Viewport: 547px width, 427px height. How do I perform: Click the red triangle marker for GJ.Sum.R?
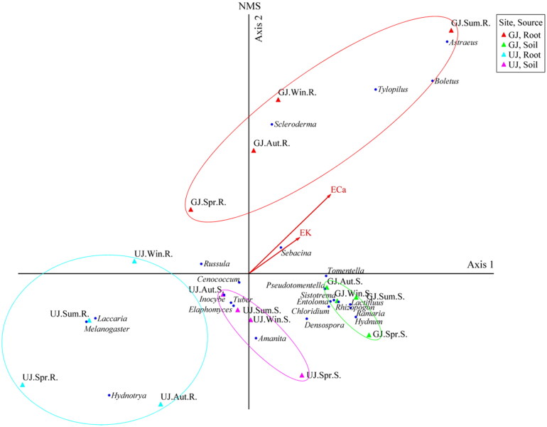coord(452,31)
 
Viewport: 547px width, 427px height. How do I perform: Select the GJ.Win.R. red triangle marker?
coord(278,100)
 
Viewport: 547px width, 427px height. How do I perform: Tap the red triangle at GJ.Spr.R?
coord(191,209)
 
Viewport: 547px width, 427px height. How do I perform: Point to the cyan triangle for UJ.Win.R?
coord(135,261)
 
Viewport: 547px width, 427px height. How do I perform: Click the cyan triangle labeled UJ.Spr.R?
coord(23,384)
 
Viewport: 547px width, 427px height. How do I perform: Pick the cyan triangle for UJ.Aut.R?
coord(161,404)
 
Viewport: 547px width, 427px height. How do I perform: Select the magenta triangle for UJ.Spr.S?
coord(302,375)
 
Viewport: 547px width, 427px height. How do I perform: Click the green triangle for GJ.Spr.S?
coord(369,335)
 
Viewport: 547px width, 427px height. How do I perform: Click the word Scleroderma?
coord(295,125)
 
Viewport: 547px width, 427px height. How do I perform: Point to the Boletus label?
coord(447,81)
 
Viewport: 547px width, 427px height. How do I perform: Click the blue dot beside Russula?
coord(202,263)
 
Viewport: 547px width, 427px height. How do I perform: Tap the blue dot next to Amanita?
coord(256,338)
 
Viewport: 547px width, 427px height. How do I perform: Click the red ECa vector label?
coord(338,190)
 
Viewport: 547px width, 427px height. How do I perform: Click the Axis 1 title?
coord(480,265)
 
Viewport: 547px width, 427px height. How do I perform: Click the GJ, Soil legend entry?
coord(522,43)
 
